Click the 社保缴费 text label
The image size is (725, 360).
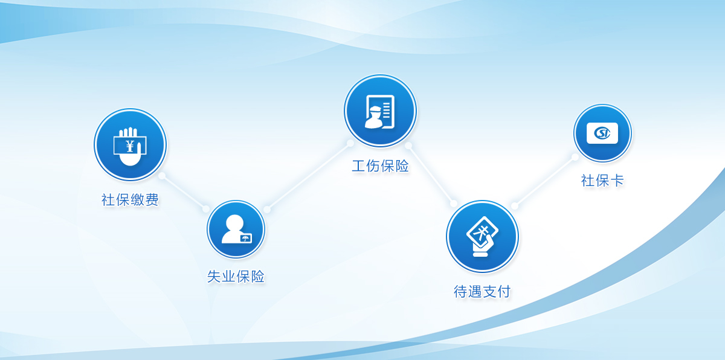(130, 199)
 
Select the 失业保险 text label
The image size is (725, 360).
(236, 277)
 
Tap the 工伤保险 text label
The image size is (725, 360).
(380, 166)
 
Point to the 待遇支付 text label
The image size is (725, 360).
(482, 291)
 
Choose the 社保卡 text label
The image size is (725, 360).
(602, 181)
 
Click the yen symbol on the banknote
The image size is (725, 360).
(130, 146)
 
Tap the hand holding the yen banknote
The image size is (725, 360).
(130, 147)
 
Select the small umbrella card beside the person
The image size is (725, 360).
(246, 239)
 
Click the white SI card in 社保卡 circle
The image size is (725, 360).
(602, 133)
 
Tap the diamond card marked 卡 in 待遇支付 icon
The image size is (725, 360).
(482, 231)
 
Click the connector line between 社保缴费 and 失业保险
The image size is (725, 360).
(184, 193)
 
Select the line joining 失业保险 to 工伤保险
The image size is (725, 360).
(309, 176)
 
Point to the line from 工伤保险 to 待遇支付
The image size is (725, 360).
(431, 175)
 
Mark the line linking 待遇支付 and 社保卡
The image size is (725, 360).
(545, 181)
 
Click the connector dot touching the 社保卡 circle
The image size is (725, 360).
(575, 157)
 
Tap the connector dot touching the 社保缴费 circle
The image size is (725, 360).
(162, 176)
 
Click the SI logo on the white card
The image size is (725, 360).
(602, 133)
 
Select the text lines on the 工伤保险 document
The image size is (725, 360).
(387, 111)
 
